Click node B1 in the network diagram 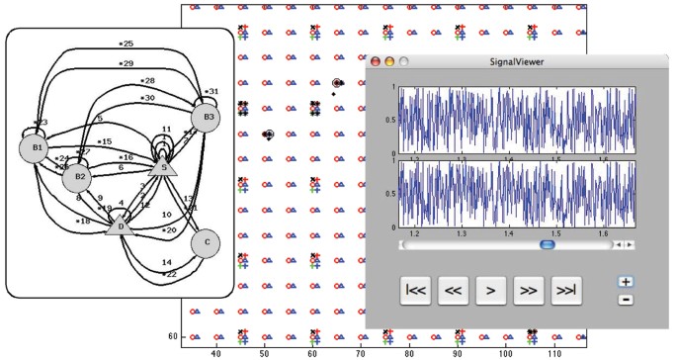[x=34, y=149]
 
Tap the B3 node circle [x=206, y=119]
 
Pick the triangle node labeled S [x=166, y=168]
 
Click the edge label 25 [x=127, y=45]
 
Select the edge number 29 [x=127, y=63]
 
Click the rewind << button [x=454, y=291]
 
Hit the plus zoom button [x=626, y=282]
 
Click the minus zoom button [x=626, y=300]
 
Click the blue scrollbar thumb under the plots [x=546, y=244]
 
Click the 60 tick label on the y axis [x=172, y=336]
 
